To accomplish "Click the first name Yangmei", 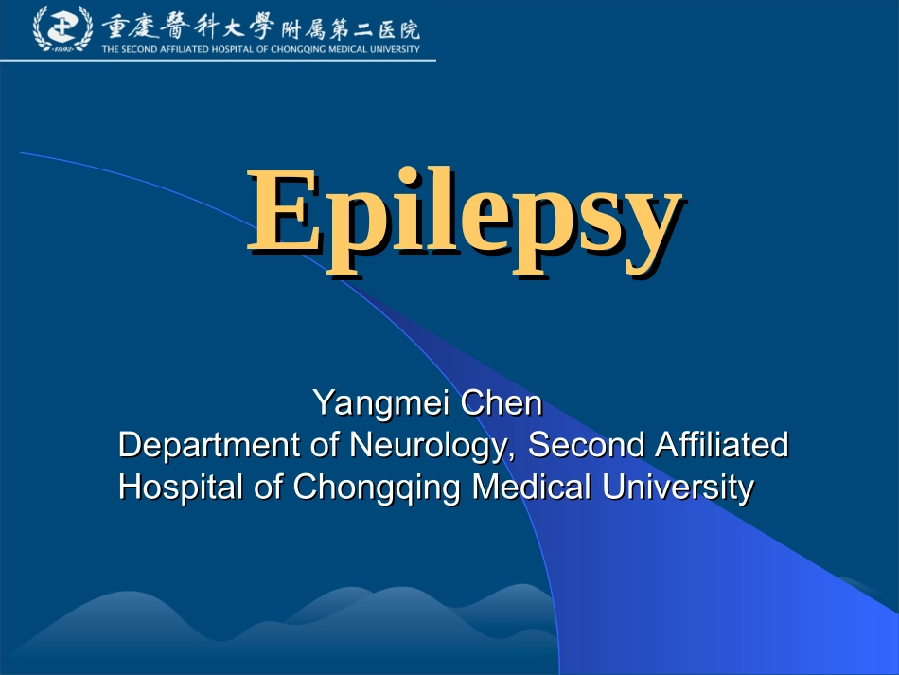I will pyautogui.click(x=381, y=404).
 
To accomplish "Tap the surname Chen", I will pyautogui.click(x=502, y=403).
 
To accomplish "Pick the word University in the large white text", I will pyautogui.click(x=677, y=488).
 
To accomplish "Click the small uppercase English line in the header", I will pyautogui.click(x=261, y=50).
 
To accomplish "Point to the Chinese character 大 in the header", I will pyautogui.click(x=233, y=26).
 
